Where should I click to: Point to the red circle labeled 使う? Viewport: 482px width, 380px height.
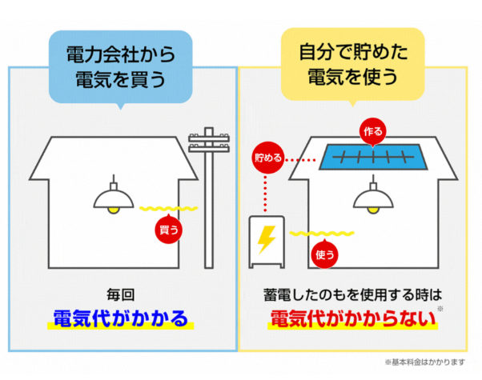pyautogui.click(x=324, y=254)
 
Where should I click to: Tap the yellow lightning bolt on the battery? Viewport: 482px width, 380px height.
pyautogui.click(x=267, y=239)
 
